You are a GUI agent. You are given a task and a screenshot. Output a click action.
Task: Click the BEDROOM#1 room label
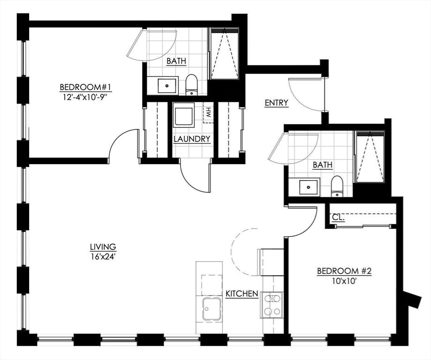click(x=85, y=87)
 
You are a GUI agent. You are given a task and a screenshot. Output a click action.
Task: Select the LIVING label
click(x=103, y=247)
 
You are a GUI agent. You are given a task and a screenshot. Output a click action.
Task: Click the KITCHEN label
click(x=242, y=294)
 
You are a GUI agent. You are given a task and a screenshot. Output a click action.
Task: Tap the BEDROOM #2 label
click(x=344, y=271)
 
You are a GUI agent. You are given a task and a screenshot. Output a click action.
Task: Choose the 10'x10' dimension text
click(x=344, y=281)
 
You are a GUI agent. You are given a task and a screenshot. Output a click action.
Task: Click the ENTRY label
click(x=277, y=103)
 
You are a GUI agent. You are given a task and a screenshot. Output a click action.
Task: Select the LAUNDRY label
click(x=192, y=139)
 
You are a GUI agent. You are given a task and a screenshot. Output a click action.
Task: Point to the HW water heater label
click(x=208, y=112)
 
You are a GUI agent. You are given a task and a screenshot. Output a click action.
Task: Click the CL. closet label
click(x=338, y=218)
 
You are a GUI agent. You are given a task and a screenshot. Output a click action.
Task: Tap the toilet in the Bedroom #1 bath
click(x=192, y=85)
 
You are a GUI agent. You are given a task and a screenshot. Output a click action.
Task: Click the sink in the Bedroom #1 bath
click(x=167, y=86)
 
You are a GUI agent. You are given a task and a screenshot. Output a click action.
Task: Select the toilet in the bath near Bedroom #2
click(x=337, y=186)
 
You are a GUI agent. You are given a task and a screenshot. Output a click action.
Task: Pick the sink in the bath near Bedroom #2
click(x=309, y=187)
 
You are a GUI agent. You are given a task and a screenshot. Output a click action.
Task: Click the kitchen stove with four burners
click(x=272, y=305)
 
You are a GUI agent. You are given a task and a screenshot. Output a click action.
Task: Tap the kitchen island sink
click(x=212, y=308)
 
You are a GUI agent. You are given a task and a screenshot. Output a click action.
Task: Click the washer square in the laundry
click(x=184, y=115)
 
